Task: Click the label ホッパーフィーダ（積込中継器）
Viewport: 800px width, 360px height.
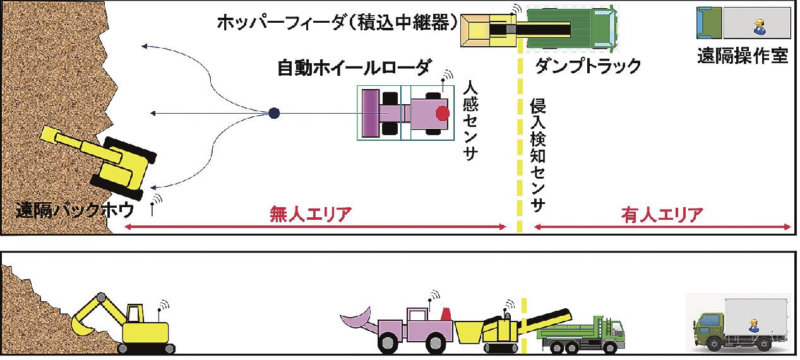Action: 337,22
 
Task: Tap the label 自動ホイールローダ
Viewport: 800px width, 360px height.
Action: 354,68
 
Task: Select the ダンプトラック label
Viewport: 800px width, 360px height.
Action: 588,66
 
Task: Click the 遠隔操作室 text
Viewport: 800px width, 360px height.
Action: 743,56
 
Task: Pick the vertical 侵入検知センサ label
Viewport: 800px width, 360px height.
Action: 537,155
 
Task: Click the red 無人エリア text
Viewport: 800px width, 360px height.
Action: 311,214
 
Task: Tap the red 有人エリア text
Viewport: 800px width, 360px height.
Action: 662,215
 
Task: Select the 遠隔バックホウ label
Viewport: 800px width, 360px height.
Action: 75,210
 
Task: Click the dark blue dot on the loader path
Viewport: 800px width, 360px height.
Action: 274,113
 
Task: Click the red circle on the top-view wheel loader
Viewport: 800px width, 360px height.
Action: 443,113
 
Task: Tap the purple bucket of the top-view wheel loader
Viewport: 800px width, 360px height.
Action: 371,113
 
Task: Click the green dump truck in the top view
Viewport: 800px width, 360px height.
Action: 573,27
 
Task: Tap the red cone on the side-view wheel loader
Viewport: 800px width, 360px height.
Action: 446,313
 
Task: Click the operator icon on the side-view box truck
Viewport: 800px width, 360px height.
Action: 753,325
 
